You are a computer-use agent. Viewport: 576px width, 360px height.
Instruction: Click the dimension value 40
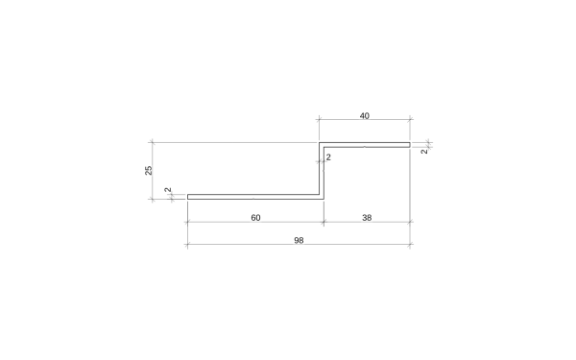coord(365,116)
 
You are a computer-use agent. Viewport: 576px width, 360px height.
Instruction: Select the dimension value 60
coord(255,218)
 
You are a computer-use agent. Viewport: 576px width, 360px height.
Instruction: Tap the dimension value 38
coord(367,218)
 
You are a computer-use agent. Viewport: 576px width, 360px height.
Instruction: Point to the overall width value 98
coord(299,240)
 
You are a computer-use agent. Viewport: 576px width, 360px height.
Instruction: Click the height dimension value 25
coord(149,171)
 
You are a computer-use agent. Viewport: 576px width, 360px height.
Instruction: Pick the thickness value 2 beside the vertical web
coord(328,157)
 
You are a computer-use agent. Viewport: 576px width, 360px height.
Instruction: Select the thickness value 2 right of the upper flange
coord(424,152)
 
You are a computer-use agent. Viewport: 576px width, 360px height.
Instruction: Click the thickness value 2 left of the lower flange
coord(168,190)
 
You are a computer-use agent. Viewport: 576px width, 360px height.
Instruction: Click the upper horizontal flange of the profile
coord(365,145)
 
